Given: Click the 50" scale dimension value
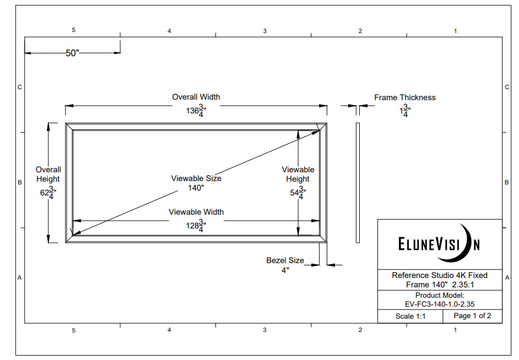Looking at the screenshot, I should [73, 53].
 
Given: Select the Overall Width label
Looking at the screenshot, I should [196, 97].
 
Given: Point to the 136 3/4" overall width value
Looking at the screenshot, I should [196, 111].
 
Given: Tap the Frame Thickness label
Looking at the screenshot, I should [405, 97].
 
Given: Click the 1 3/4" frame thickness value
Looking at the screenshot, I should [405, 111].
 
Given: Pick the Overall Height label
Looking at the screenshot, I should [48, 174].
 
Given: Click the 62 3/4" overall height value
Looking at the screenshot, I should [48, 193].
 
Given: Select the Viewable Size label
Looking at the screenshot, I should [196, 178].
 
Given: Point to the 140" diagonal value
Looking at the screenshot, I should [196, 188].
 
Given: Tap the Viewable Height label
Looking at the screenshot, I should [298, 174].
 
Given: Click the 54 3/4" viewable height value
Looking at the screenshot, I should [298, 193].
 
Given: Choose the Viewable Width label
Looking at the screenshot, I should [196, 212].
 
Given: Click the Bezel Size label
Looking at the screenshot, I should [285, 260].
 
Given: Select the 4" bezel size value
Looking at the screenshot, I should [285, 270].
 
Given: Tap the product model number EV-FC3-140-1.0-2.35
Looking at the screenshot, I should [440, 303].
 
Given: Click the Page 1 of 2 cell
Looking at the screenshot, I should [472, 316].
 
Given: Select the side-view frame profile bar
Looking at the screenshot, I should [358, 183].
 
